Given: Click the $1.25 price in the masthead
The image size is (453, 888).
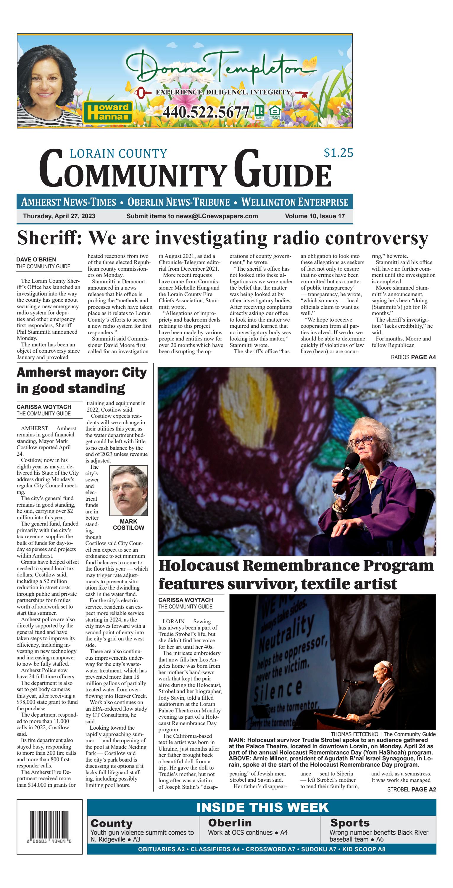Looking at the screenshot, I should pos(338,153).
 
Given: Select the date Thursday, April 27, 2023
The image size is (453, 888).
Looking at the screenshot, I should pos(59,216).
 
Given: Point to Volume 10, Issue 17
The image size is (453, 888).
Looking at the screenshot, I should pos(315,216).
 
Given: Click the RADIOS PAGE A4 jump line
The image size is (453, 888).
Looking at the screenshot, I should pos(413,357).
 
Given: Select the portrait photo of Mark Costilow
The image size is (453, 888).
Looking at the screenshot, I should pos(128,490).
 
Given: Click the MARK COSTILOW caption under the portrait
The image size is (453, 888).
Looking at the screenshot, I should pos(128,525).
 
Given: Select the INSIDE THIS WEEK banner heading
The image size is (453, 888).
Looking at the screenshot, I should pos(262,807).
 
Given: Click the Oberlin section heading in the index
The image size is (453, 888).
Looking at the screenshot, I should pos(230,823).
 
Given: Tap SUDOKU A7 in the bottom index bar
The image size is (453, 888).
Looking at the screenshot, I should pos(318,849).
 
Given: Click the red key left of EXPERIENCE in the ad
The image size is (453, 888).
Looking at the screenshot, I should pos(142,92).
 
